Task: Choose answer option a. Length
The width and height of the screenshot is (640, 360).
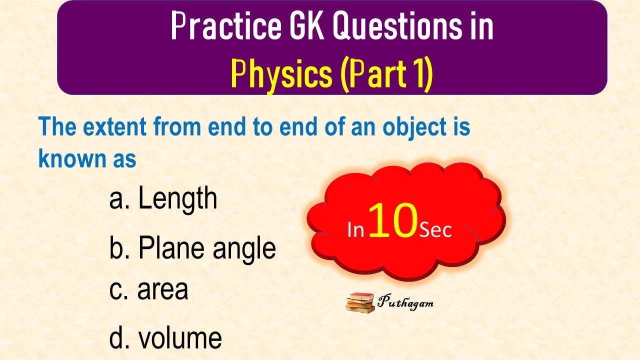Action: [163, 198]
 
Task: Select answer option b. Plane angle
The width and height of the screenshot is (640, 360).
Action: [192, 248]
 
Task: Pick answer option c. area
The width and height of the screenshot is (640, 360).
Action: [148, 290]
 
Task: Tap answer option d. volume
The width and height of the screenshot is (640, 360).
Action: [165, 338]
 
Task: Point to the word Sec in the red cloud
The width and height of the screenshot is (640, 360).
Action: [435, 230]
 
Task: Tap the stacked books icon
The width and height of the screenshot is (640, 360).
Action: [360, 303]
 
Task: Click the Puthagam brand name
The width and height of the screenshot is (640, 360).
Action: [405, 302]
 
